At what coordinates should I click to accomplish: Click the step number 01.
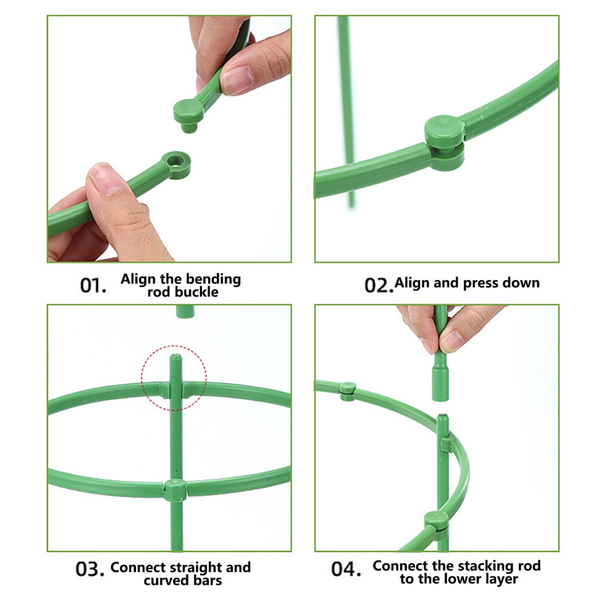[93, 285]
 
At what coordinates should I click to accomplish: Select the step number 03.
[90, 569]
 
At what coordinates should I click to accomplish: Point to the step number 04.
[346, 569]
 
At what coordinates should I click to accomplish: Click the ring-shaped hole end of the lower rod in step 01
[175, 165]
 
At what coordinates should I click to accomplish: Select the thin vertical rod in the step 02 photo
[347, 112]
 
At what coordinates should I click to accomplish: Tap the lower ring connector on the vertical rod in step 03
[176, 490]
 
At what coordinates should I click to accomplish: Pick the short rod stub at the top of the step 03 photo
[185, 311]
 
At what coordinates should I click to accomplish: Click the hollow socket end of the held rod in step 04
[440, 383]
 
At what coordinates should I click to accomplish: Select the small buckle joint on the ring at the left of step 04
[347, 391]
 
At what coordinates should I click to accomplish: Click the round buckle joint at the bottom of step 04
[436, 525]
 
